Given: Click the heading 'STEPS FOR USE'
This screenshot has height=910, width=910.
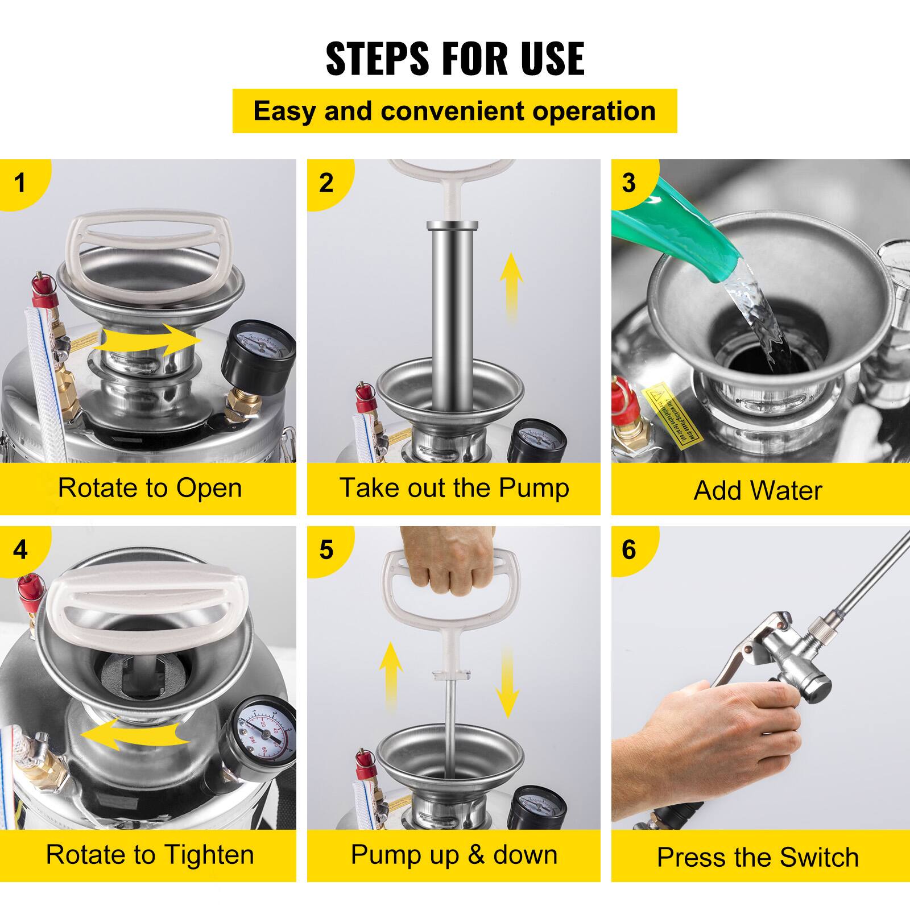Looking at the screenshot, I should (454, 58).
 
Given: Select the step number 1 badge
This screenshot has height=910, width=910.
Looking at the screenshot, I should (20, 183).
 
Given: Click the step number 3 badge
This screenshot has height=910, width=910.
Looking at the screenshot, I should (628, 183).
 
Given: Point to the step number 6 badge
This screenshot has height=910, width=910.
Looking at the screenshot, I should (628, 549).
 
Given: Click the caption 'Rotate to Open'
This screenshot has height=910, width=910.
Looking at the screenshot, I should (150, 488).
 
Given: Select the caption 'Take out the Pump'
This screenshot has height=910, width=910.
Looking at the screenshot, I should (454, 488).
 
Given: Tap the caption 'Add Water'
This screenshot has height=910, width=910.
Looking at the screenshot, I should (758, 490).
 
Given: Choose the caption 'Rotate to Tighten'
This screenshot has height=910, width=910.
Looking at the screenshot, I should (150, 855).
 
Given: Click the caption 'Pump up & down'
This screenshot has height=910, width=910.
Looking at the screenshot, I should (454, 855).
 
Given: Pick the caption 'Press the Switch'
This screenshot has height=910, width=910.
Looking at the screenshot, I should (758, 857).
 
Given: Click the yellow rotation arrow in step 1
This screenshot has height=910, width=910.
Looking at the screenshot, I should (148, 341).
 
